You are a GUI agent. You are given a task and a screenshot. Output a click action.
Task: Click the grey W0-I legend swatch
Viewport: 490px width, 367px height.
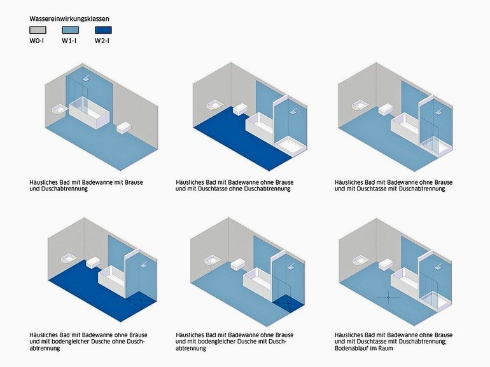coord(38,30)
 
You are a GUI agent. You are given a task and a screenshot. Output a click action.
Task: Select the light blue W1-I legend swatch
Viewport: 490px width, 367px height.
coord(70,30)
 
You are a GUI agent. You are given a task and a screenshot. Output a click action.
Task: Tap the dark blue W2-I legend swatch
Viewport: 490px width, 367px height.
coord(103,30)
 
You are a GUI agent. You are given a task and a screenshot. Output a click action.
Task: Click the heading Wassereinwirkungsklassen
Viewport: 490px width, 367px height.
coord(69,18)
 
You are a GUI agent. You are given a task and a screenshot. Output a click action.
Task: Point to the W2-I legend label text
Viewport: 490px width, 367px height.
coord(102,41)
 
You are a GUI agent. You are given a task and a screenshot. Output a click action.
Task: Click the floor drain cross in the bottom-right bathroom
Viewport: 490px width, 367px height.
coord(388,297)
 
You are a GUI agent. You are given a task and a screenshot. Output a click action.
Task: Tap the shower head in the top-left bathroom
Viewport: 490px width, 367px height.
coord(87,78)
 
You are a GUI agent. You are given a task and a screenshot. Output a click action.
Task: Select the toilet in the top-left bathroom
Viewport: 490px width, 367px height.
coord(124,128)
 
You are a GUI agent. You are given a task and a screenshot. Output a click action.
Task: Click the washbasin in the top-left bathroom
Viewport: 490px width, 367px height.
coord(60,109)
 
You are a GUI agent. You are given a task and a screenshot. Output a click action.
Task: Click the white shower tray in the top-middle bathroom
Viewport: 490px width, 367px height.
coord(290,146)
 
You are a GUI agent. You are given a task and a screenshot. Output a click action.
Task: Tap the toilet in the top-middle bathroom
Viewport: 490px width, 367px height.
coord(241,109)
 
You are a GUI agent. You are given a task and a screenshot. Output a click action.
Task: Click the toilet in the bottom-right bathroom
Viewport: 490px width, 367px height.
coord(386,265)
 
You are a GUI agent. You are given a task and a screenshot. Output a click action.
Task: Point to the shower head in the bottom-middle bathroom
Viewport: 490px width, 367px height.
coord(291,265)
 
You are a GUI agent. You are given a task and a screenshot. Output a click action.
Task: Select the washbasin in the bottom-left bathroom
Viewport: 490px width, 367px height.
coord(69,260)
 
